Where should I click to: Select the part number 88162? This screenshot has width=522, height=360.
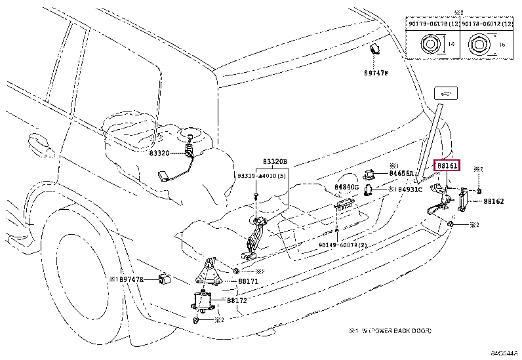(x=493, y=201)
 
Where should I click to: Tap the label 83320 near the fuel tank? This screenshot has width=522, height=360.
(x=159, y=153)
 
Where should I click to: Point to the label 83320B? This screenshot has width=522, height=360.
(x=275, y=162)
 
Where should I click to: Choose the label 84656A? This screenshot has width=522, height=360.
(x=401, y=174)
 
